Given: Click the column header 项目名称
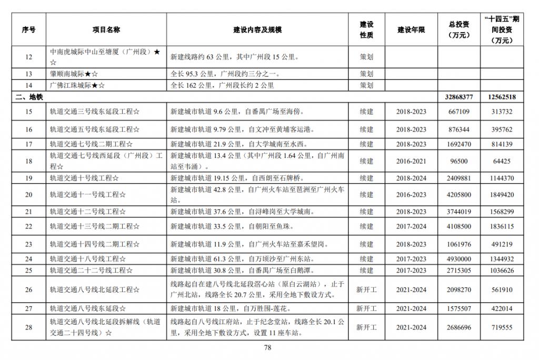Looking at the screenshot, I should [x=106, y=30].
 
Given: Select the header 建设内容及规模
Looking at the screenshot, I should [x=257, y=30].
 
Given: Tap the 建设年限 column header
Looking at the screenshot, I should [x=411, y=30].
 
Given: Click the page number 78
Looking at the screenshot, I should [x=267, y=347].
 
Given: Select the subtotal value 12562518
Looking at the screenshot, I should [x=501, y=97].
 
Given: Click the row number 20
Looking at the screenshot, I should [x=29, y=195].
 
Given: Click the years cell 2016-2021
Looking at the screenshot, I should [x=411, y=161].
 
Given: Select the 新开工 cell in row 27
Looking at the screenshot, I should [x=366, y=308].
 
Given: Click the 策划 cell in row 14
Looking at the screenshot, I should [x=366, y=85].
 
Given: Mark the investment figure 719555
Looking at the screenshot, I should [x=501, y=327].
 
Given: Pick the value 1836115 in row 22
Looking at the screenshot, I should [x=501, y=226].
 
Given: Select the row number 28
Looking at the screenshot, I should [x=29, y=327].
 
